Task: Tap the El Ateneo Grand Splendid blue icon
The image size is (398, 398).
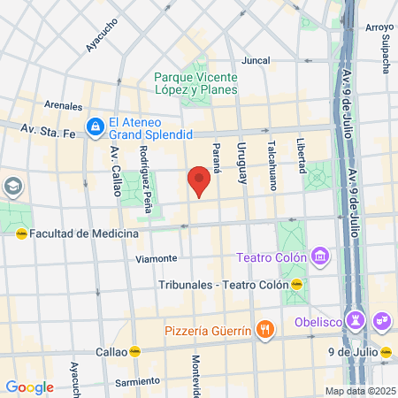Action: pyautogui.click(x=95, y=126)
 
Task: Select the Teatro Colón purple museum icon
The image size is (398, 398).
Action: pyautogui.click(x=320, y=257)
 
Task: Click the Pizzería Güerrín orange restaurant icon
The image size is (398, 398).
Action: pyautogui.click(x=264, y=331)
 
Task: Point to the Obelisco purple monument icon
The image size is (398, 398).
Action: pyautogui.click(x=356, y=318)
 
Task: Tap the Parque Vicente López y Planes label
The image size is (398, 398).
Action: pyautogui.click(x=195, y=82)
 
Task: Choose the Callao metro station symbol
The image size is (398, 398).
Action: pyautogui.click(x=135, y=351)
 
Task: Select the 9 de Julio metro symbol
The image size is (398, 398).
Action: pyautogui.click(x=387, y=351)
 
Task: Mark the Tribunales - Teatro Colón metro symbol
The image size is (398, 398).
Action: pyautogui.click(x=297, y=285)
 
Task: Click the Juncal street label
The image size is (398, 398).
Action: pyautogui.click(x=256, y=61)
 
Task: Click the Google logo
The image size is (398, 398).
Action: pyautogui.click(x=29, y=387)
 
